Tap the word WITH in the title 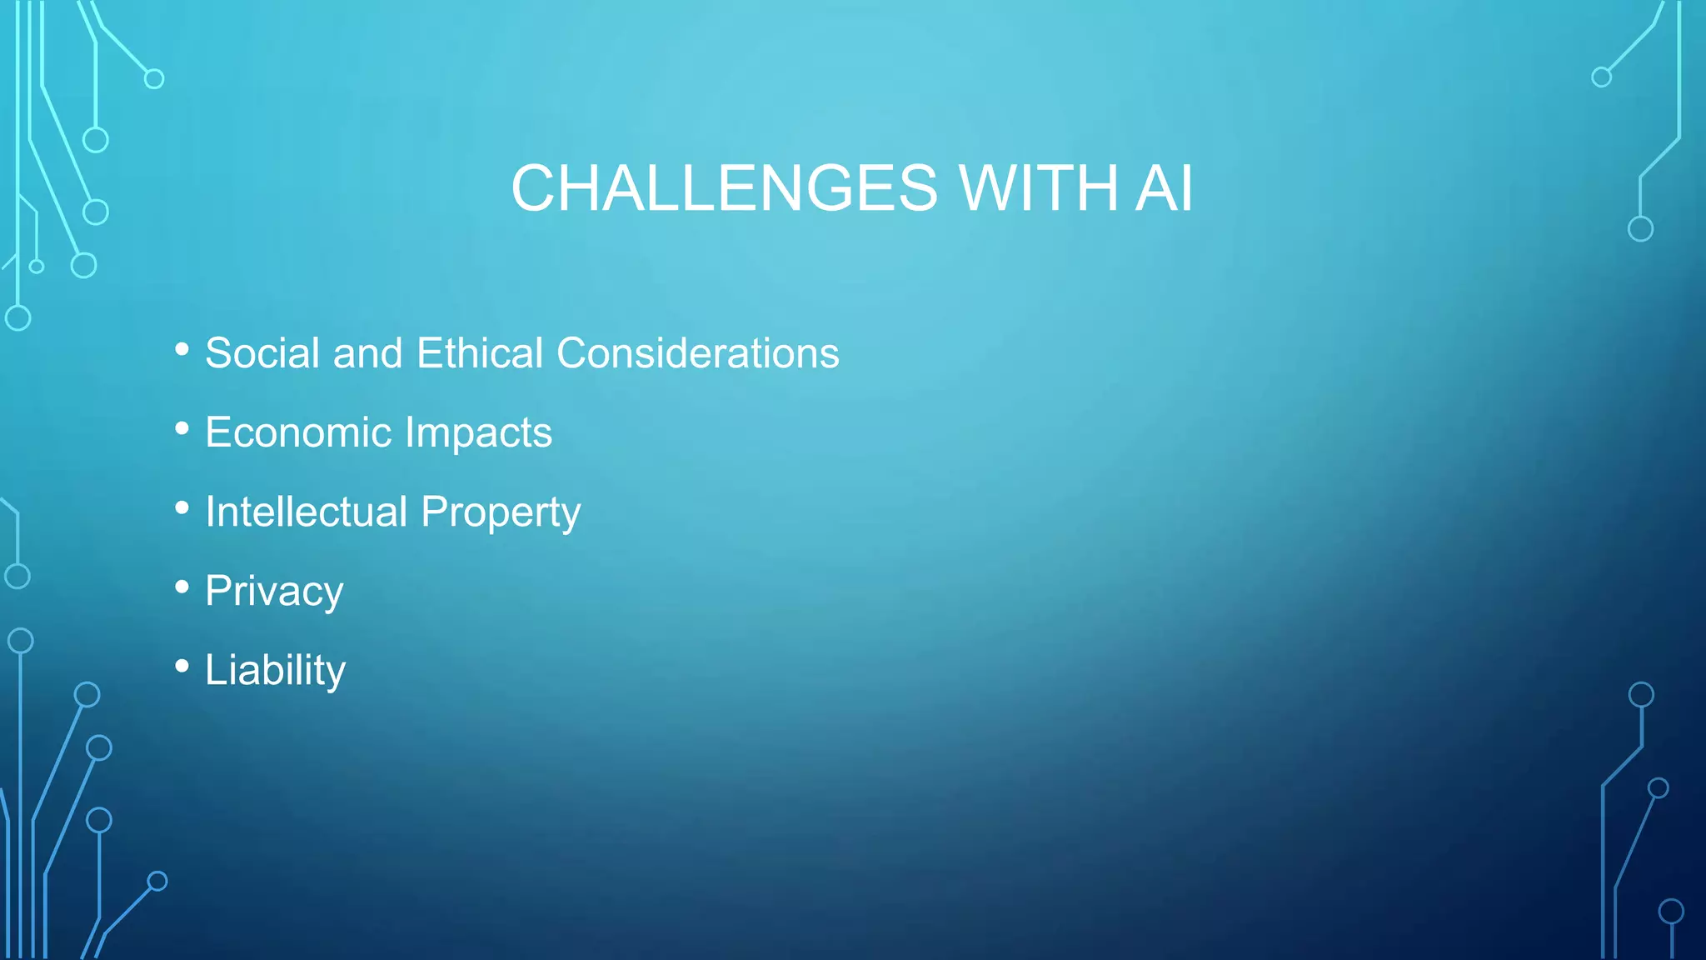click(x=1038, y=188)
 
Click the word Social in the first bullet click(x=262, y=353)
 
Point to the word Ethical click(x=480, y=353)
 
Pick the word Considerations click(x=698, y=353)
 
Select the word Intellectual click(x=306, y=512)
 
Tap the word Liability click(x=275, y=671)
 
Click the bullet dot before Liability click(x=182, y=666)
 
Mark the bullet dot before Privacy click(x=182, y=587)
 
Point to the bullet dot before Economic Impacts click(x=182, y=428)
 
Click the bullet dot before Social click(x=182, y=349)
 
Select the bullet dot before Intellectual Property click(x=182, y=507)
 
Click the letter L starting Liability click(x=216, y=670)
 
